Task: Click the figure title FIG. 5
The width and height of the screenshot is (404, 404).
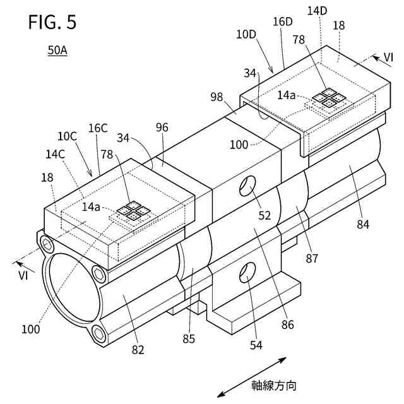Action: coord(52,22)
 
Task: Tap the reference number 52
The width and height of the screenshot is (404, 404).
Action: coord(264,215)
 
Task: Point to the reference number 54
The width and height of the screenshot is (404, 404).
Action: coord(256,345)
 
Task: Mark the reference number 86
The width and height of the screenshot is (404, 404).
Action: coord(288,325)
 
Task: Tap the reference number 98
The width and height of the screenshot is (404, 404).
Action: coord(217,97)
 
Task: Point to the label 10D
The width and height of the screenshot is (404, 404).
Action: coord(246,35)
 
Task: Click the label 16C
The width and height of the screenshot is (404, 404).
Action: coord(98,128)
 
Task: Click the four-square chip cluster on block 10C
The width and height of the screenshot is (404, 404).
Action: coord(133,211)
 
